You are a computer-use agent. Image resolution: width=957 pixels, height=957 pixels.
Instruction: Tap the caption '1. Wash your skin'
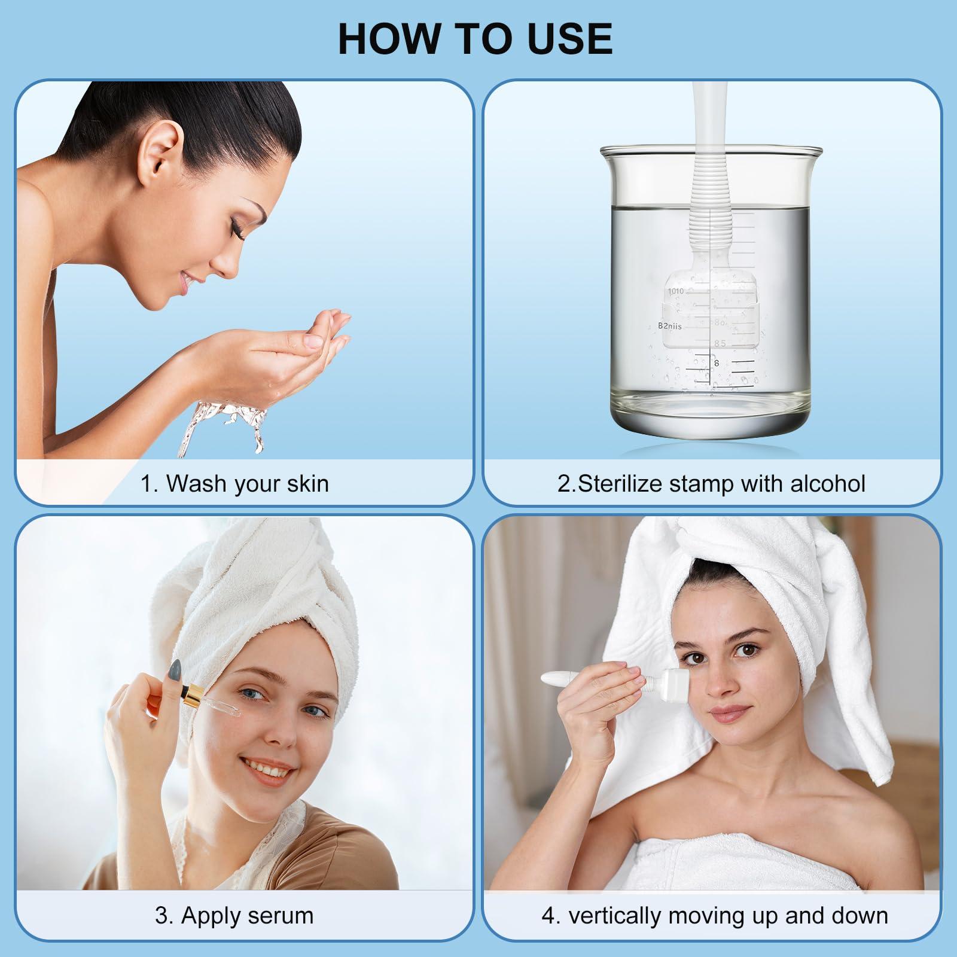(x=234, y=483)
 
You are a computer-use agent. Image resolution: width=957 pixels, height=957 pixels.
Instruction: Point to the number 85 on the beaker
(x=720, y=343)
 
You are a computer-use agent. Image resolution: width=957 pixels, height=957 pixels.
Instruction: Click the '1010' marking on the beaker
(x=676, y=291)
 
